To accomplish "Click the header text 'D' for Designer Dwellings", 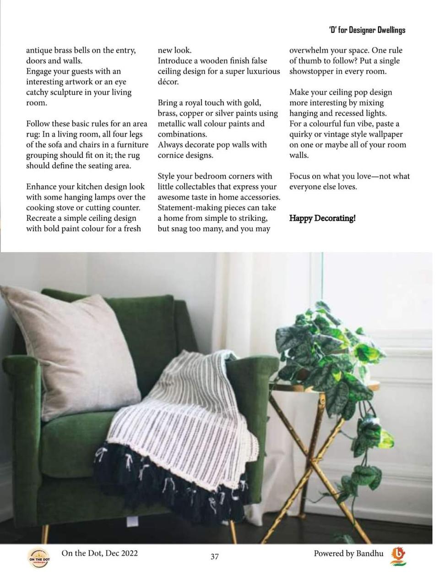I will pyautogui.click(x=367, y=30).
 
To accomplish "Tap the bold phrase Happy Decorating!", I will pyautogui.click(x=322, y=218).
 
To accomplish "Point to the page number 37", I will pyautogui.click(x=214, y=556).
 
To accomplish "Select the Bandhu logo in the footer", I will pyautogui.click(x=398, y=555).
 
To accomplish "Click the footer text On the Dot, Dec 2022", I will pyautogui.click(x=99, y=553).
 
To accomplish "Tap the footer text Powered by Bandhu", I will pyautogui.click(x=348, y=553).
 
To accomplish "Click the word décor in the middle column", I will pyautogui.click(x=168, y=82).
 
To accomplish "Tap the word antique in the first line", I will pyautogui.click(x=39, y=50).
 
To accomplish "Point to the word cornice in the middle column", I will pyautogui.click(x=172, y=155).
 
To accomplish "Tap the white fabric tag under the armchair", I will pyautogui.click(x=132, y=521).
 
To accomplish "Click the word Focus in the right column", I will pyautogui.click(x=299, y=176).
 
